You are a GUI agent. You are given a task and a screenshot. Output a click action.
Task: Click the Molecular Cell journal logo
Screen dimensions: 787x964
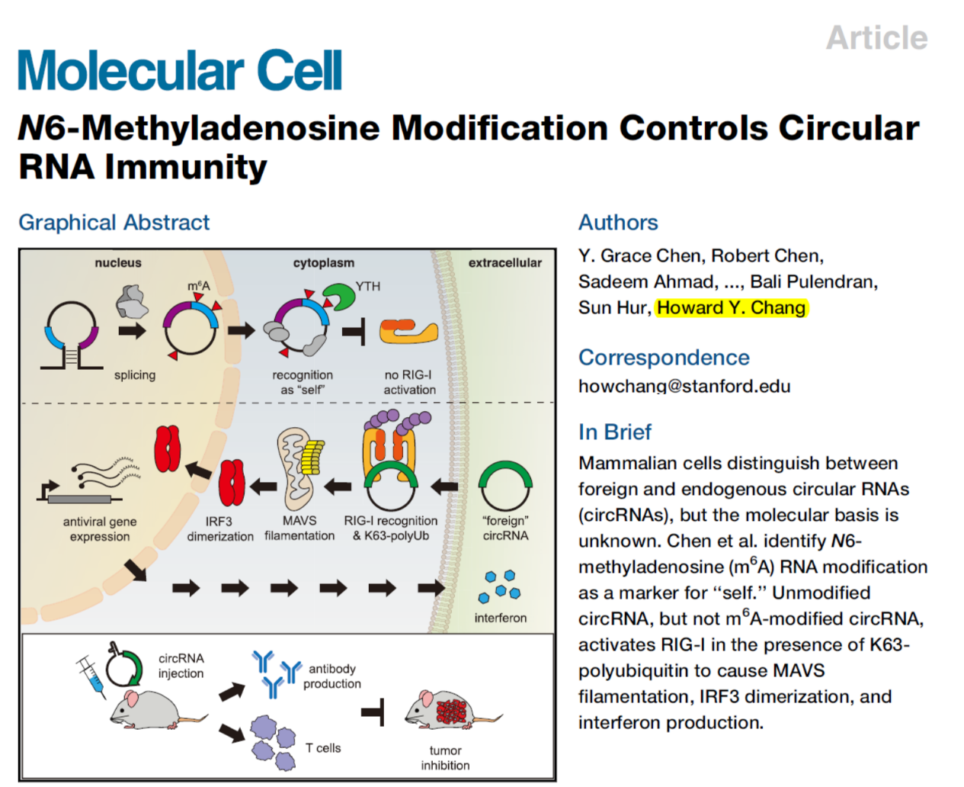click(x=180, y=70)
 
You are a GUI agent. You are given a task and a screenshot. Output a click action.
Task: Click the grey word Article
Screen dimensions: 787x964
click(x=876, y=37)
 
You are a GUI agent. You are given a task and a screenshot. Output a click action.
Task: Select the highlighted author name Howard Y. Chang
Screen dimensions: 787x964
click(x=731, y=307)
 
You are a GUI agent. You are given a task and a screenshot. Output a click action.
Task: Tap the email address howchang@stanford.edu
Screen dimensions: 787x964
click(x=684, y=386)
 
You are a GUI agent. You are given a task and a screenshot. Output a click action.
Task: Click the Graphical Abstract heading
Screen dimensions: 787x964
click(x=114, y=222)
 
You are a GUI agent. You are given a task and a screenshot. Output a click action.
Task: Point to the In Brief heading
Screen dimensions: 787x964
click(x=614, y=432)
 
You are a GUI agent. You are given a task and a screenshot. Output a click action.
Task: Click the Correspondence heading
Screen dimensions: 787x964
click(x=663, y=357)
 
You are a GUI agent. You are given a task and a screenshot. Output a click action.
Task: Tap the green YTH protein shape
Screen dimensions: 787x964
click(x=338, y=296)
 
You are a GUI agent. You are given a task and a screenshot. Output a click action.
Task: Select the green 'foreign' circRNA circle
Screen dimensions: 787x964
click(x=505, y=484)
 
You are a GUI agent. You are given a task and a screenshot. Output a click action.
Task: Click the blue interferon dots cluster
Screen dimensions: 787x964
click(x=500, y=586)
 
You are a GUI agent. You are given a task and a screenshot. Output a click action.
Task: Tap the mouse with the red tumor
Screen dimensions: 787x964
click(x=450, y=711)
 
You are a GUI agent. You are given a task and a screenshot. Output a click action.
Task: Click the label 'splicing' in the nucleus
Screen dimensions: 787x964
click(x=135, y=375)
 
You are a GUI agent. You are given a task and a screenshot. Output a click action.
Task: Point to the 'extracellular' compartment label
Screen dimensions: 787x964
click(x=504, y=263)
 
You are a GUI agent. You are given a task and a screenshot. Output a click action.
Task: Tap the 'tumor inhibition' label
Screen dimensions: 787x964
click(x=445, y=758)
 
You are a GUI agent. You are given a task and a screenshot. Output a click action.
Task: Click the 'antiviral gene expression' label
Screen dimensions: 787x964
click(x=100, y=529)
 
